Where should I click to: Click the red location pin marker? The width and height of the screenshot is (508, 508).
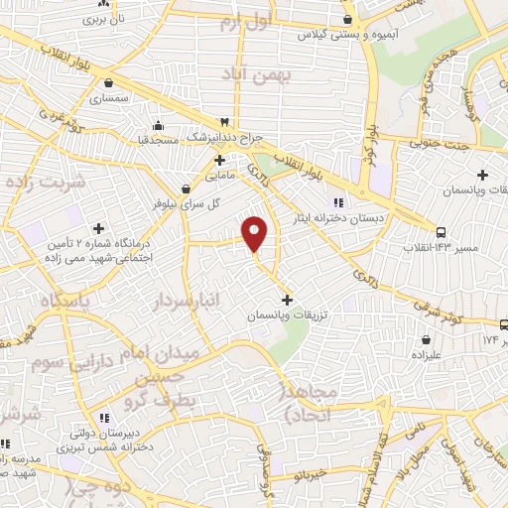tap(255, 232)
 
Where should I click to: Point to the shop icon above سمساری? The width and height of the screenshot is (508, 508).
tap(107, 83)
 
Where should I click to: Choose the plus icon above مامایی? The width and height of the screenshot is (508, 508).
tap(220, 159)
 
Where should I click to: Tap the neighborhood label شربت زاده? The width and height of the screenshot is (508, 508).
tap(46, 183)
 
